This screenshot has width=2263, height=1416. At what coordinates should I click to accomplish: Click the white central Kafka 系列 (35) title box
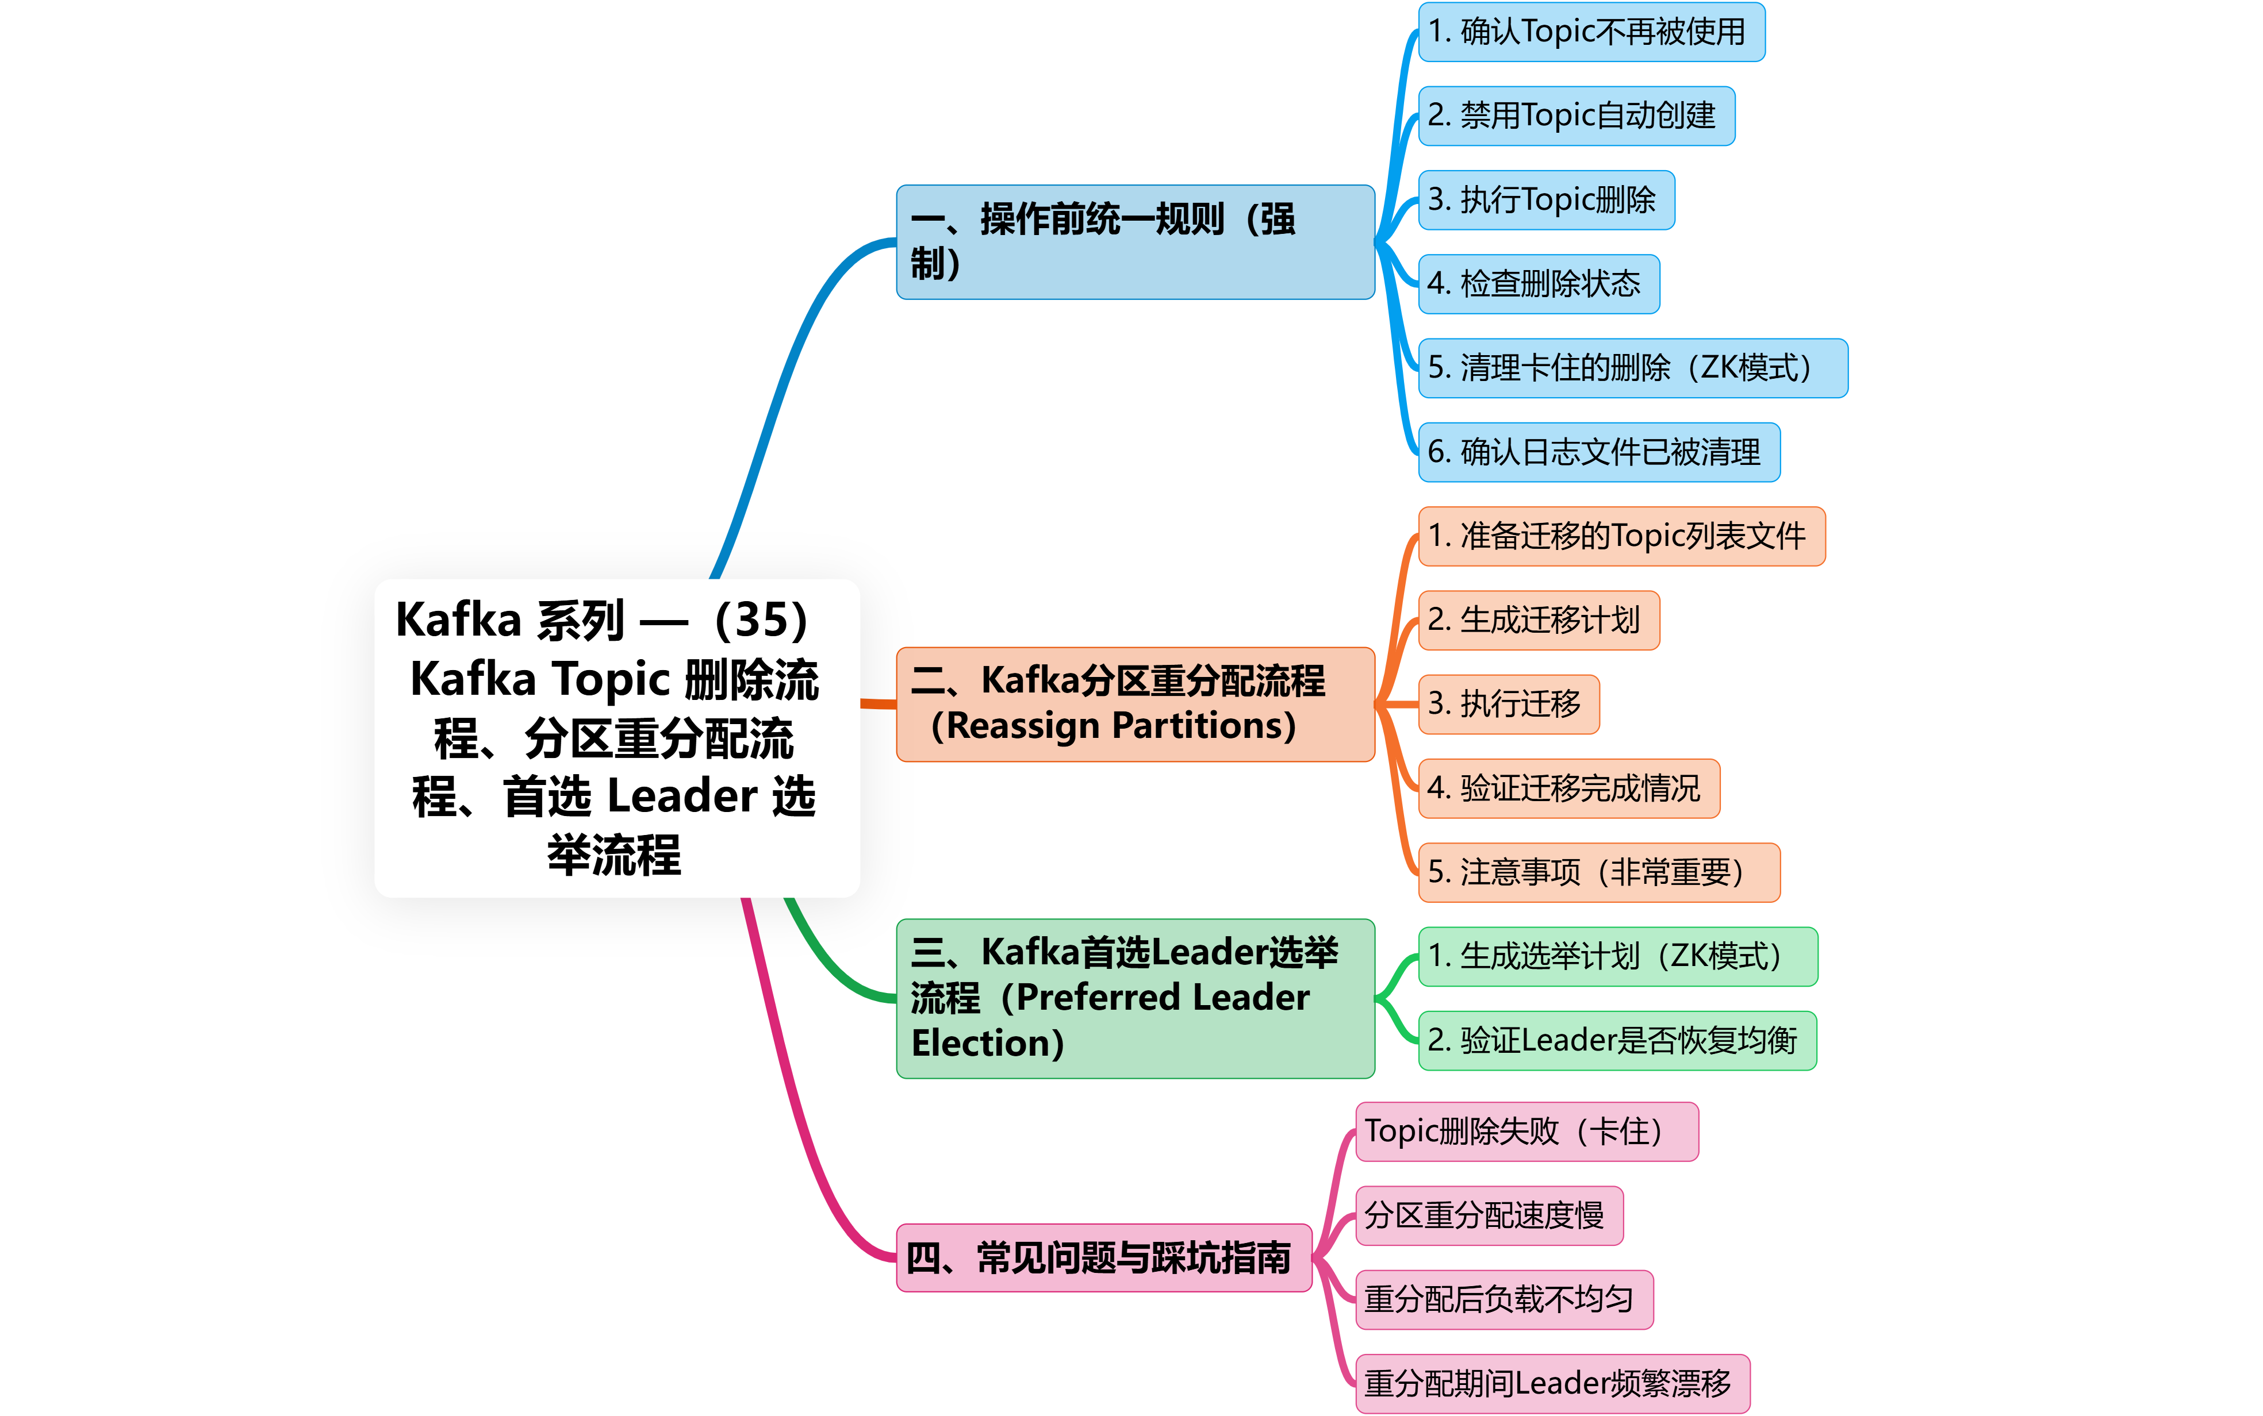click(616, 738)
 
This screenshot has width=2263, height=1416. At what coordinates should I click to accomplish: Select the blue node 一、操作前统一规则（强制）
click(1134, 241)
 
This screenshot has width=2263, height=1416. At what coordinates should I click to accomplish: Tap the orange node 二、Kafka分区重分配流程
click(1134, 703)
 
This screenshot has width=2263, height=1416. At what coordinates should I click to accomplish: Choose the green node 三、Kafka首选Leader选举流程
click(1134, 998)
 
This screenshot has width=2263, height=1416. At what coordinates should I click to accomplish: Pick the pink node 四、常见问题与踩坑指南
click(1103, 1258)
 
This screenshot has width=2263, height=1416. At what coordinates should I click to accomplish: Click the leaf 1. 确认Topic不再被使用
click(1590, 32)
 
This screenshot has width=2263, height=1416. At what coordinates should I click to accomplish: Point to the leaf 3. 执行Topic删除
click(1545, 199)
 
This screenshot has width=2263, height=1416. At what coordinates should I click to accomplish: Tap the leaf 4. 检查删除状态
click(1538, 284)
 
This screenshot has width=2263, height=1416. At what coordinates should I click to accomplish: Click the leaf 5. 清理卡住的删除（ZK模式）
click(1632, 368)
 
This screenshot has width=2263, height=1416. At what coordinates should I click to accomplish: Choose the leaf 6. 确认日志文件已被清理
click(1598, 452)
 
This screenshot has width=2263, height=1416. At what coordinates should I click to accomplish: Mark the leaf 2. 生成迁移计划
click(1538, 620)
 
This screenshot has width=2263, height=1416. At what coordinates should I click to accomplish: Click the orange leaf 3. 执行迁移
click(1508, 704)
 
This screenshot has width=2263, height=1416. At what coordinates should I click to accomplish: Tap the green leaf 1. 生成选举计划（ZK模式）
click(1617, 956)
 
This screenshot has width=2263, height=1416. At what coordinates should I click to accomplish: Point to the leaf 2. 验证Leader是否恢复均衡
click(1617, 1041)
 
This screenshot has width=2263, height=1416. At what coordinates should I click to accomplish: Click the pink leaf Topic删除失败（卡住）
click(1526, 1132)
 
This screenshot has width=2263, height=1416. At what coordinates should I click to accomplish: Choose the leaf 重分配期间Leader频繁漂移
click(1552, 1383)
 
